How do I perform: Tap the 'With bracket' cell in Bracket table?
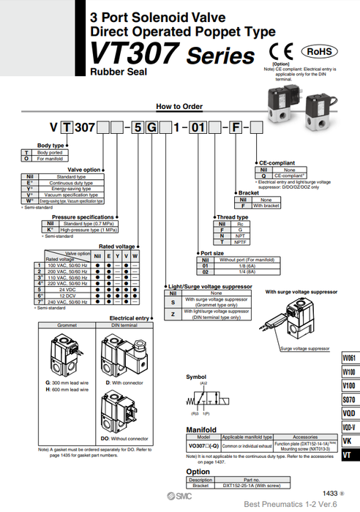point(266,206)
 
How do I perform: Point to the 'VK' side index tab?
point(349,441)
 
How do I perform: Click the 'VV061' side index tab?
point(349,358)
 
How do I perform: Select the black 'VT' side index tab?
point(349,455)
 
